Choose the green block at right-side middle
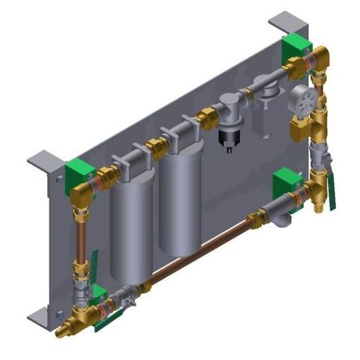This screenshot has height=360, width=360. pos(286,181)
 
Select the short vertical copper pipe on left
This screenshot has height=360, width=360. pos(79,238)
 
